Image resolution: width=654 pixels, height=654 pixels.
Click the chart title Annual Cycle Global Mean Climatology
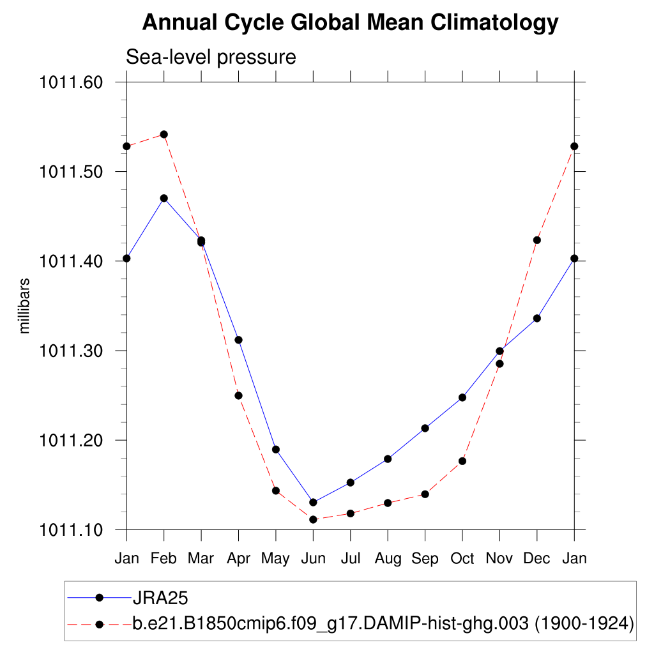click(x=350, y=23)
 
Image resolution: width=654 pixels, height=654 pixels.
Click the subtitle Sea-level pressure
click(x=211, y=57)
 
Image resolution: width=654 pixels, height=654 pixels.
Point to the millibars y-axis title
click(x=25, y=305)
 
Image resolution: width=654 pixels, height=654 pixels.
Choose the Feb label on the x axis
click(x=164, y=558)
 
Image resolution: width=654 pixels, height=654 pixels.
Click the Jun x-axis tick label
click(x=313, y=558)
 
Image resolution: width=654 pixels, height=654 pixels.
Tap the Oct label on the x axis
click(x=462, y=558)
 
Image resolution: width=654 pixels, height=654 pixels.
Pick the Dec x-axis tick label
click(x=536, y=558)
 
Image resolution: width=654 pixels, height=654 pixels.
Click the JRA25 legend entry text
click(x=159, y=598)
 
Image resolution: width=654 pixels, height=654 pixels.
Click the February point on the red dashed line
click(x=164, y=134)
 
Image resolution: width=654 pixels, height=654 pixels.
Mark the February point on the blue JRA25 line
click(x=164, y=198)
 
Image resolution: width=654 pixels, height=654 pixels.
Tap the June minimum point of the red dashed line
click(x=313, y=519)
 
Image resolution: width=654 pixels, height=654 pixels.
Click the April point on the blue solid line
click(x=238, y=340)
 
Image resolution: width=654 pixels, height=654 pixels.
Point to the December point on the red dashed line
click(x=537, y=240)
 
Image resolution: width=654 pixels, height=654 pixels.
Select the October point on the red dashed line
click(x=462, y=460)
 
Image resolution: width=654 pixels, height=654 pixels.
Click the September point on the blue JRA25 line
click(x=425, y=428)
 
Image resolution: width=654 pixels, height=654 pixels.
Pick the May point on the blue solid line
click(x=276, y=449)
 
